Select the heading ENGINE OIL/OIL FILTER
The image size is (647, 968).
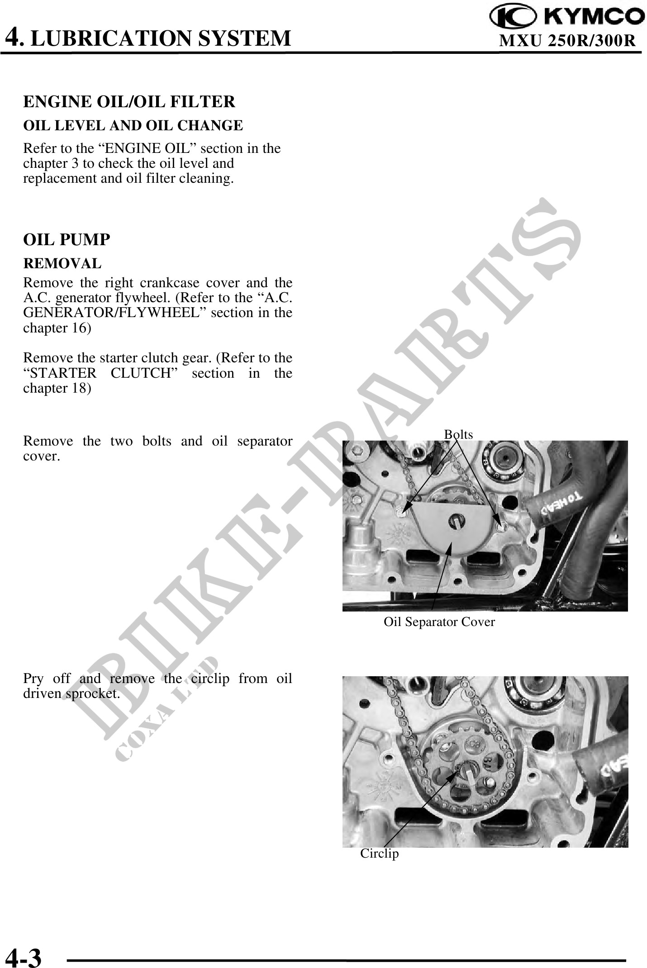tap(129, 102)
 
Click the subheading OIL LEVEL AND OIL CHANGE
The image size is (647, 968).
tap(133, 125)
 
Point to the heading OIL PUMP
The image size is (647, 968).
tap(67, 240)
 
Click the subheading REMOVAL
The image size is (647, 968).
tap(62, 263)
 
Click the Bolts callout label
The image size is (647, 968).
tap(458, 435)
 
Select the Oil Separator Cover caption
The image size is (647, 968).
tap(439, 622)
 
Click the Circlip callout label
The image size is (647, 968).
tap(380, 854)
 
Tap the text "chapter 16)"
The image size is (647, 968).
tap(57, 328)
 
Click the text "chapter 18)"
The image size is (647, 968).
tap(57, 388)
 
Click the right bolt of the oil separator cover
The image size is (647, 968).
tap(499, 526)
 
